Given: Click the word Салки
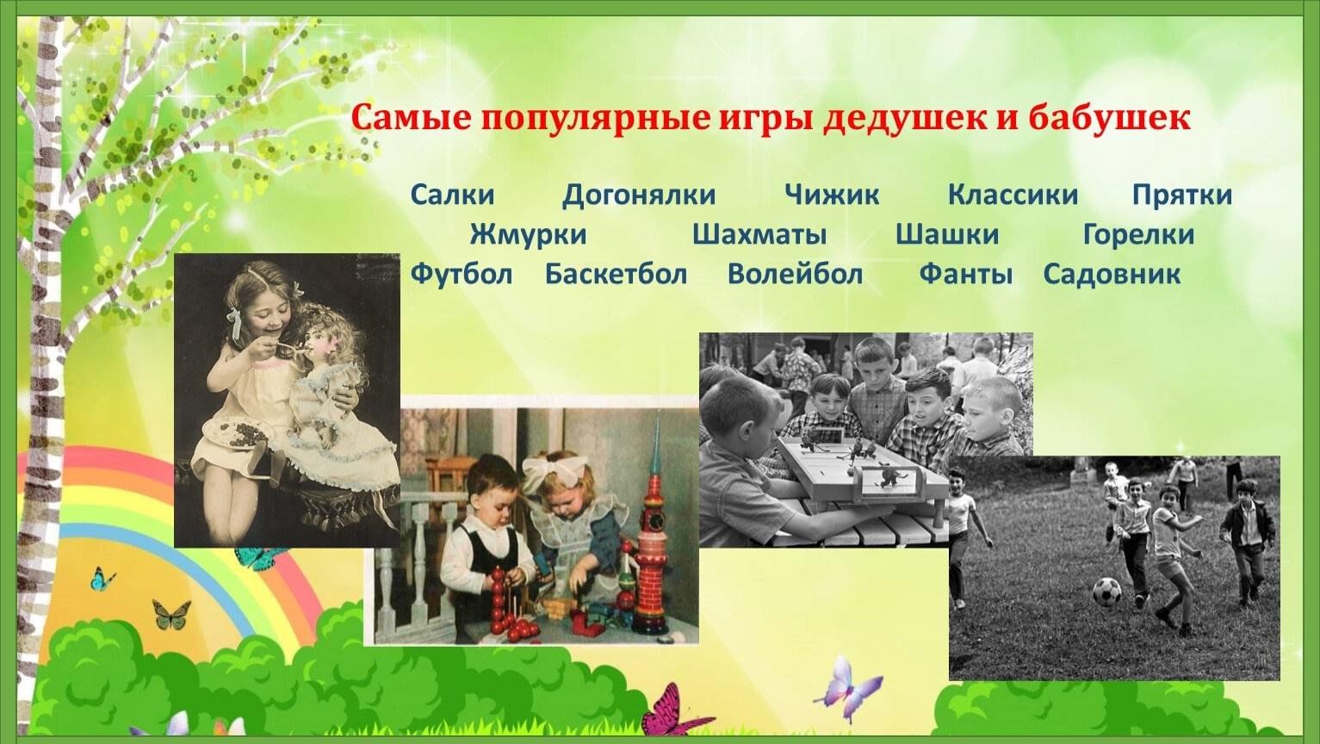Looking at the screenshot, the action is coord(452,195).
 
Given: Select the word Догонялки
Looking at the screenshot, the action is coord(639,195).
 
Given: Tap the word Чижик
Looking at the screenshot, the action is coord(832,195).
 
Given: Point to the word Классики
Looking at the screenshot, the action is coord(1013,195).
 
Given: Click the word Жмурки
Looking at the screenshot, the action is coord(528,234).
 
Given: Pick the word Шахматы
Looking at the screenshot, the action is coord(759,234).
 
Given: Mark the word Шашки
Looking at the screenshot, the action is coord(947,234).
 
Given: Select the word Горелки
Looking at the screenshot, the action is coord(1138,234).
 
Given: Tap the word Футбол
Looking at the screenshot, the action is coord(462,274).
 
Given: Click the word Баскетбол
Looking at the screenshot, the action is coord(616,274).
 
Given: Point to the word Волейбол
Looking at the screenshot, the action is coord(795,274).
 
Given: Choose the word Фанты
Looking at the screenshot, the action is coord(966,274).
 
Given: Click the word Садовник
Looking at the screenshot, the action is coord(1112,274).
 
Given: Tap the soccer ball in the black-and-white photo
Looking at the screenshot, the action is coord(1106,592).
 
